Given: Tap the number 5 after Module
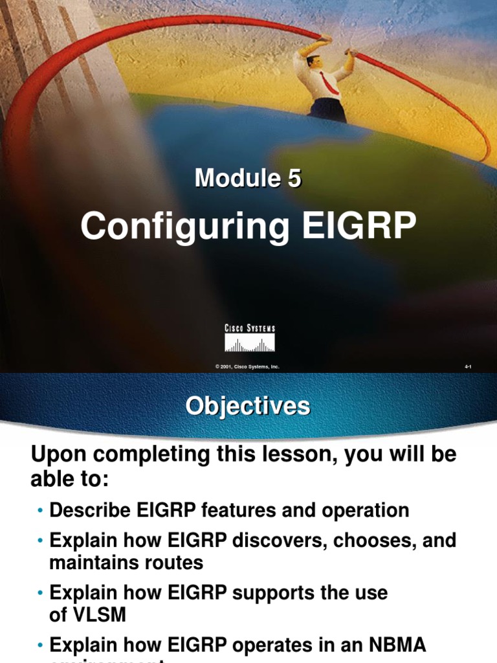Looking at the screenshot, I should (294, 178).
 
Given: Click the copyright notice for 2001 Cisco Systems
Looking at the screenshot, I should (247, 366).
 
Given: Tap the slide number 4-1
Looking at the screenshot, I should (468, 366).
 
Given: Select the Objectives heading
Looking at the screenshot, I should (248, 407).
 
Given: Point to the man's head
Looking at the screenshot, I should (313, 62).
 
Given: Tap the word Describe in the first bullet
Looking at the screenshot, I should (91, 510).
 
